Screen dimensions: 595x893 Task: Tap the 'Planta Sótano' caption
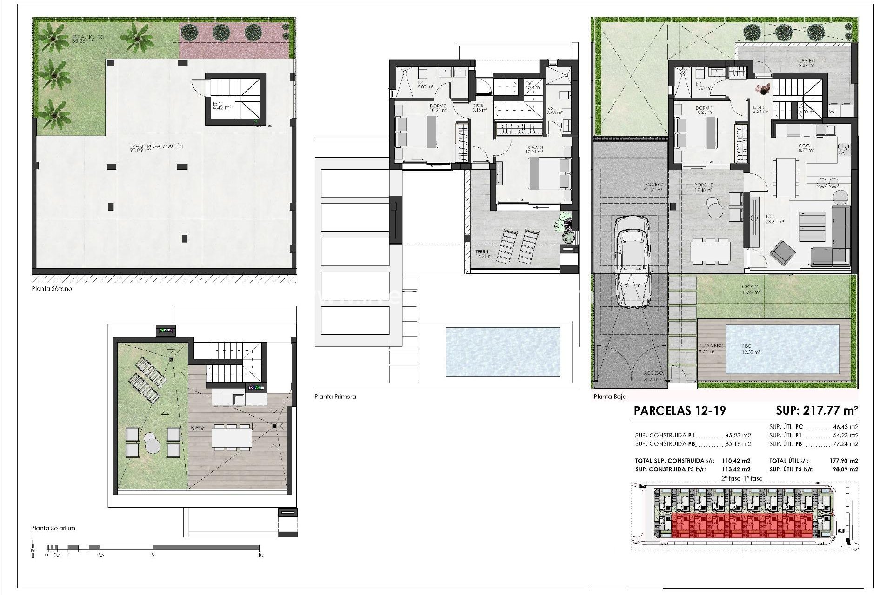click(52, 289)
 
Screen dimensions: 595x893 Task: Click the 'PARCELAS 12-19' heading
click(680, 410)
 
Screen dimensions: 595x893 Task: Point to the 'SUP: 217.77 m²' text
click(817, 410)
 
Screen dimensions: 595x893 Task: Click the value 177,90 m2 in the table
click(846, 461)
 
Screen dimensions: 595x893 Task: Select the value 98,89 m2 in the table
click(846, 469)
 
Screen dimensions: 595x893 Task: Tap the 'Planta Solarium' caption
click(53, 528)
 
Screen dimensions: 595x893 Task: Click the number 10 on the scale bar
click(260, 555)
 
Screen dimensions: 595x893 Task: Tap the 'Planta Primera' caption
click(335, 397)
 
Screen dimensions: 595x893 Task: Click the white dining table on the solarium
click(232, 437)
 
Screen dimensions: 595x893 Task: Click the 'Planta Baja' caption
click(610, 397)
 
